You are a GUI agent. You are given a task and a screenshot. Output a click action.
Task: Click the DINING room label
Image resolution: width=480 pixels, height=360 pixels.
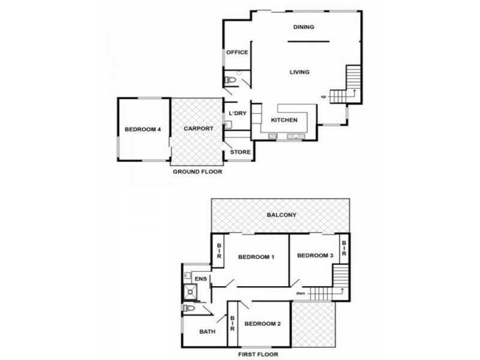coord(304,27)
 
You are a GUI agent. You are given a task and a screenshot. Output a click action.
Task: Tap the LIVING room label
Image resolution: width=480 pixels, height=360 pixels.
coord(299,72)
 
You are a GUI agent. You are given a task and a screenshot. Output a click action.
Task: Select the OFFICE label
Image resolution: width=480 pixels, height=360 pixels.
coord(237,53)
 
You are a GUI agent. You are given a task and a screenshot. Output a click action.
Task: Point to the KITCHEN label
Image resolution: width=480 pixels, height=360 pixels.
coord(284,120)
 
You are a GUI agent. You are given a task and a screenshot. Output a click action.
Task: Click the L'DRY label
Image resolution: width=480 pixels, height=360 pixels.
coord(238,113)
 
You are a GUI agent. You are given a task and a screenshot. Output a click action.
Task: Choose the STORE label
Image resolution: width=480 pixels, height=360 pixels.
coord(241,152)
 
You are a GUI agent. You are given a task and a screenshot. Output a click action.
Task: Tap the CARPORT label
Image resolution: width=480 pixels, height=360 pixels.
coord(198,128)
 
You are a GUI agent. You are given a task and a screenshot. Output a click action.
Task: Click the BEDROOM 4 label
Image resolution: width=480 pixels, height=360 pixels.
coord(142,129)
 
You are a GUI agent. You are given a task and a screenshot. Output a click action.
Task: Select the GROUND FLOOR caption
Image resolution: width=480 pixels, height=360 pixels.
coord(197,172)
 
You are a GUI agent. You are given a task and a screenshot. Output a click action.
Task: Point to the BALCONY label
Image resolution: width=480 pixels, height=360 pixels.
coord(281,215)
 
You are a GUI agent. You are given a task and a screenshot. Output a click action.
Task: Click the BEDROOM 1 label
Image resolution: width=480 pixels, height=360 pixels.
coord(256,257)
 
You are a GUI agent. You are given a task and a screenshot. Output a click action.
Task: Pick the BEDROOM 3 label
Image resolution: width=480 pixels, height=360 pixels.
coord(315,255)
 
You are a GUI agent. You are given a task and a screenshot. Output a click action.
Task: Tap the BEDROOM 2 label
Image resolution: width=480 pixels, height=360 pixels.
coord(262,324)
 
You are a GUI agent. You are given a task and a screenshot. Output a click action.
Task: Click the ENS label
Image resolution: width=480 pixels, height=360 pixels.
coord(200,278)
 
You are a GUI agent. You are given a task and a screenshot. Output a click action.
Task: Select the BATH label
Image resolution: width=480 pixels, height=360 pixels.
coord(207,331)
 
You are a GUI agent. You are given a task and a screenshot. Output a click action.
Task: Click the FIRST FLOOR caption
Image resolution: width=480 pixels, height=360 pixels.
coord(260,355)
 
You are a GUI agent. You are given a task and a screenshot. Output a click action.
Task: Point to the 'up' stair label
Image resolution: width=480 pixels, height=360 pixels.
coord(323,97)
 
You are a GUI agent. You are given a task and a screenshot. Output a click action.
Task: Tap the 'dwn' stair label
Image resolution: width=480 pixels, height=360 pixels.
coord(300,293)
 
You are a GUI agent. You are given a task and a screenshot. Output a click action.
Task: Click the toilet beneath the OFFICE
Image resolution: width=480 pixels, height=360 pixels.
coord(230,80)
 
